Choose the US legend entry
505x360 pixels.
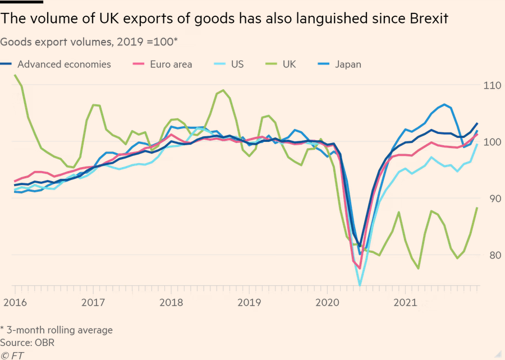(x=237, y=64)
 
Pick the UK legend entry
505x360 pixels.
(x=289, y=64)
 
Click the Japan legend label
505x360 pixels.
(x=348, y=64)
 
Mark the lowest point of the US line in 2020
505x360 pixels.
(x=360, y=285)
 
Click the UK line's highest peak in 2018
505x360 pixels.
(x=223, y=90)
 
